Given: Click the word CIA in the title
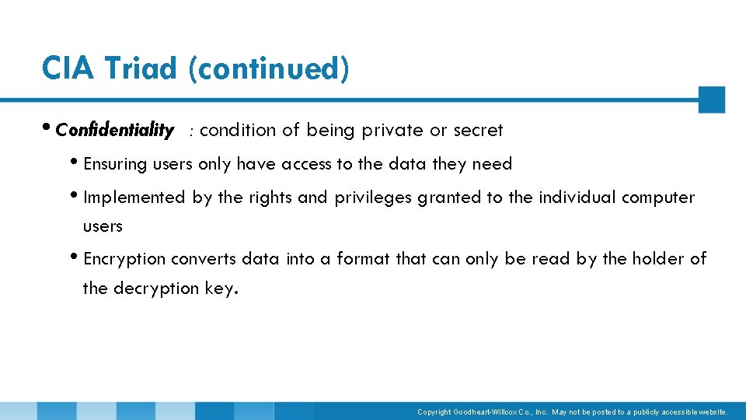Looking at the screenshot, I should [x=68, y=68].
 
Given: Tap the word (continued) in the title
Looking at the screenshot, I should [x=268, y=68].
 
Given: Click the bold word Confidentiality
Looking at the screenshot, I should [x=115, y=130].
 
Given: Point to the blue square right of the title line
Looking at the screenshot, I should [x=711, y=100].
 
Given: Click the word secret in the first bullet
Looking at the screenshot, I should [x=478, y=130].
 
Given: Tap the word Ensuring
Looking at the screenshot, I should [x=115, y=164].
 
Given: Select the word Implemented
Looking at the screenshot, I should [x=134, y=198].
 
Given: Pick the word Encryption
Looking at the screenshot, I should [x=124, y=258].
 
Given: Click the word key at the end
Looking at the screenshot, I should [x=221, y=289].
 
